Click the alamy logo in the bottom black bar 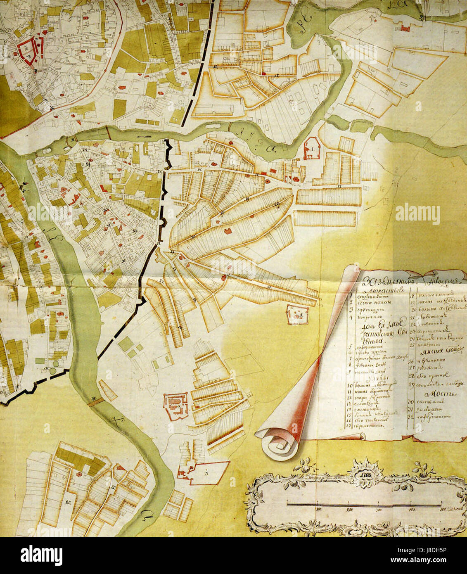coord(41,555)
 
